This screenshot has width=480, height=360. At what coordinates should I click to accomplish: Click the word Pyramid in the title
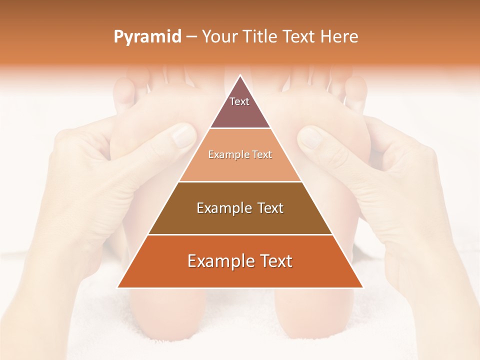(x=147, y=37)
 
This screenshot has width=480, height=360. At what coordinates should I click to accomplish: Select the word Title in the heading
(x=262, y=37)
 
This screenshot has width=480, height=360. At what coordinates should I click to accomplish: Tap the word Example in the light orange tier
(x=226, y=154)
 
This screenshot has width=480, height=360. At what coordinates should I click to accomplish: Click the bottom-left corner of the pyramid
(x=117, y=287)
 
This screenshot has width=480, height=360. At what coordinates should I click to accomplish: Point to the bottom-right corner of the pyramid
(x=363, y=287)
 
